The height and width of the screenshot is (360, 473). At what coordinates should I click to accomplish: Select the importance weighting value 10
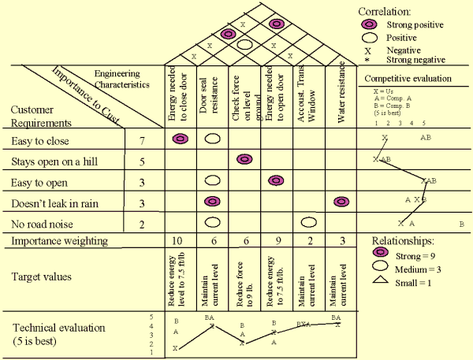tap(179, 241)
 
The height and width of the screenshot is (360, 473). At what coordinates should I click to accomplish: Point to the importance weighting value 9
tap(276, 241)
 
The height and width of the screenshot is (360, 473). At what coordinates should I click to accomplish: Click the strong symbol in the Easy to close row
tap(180, 139)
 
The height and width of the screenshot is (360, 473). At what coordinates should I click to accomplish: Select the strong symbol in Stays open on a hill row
tap(244, 160)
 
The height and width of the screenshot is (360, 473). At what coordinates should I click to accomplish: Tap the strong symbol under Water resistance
tap(341, 202)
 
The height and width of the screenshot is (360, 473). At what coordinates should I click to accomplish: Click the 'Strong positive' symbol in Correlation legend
tap(371, 25)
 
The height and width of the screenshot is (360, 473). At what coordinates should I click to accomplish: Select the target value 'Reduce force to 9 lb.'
tap(244, 278)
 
